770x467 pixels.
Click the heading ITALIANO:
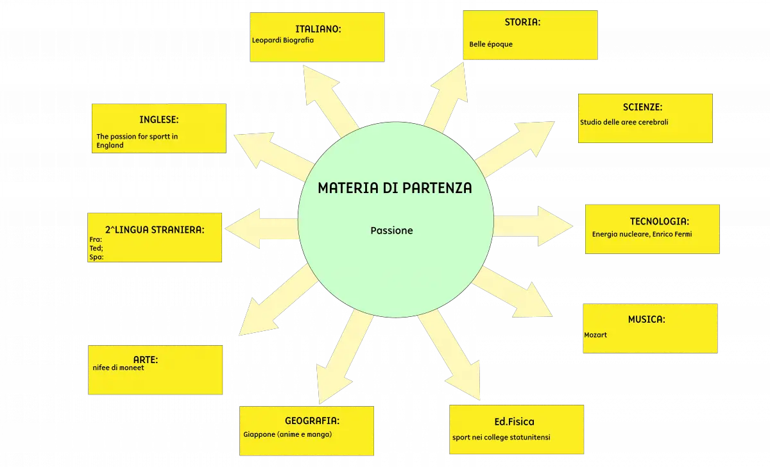[x=318, y=29]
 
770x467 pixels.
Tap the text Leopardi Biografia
[x=282, y=40]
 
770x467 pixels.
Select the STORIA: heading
[x=522, y=22]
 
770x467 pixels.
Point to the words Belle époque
[x=490, y=44]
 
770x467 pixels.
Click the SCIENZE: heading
[x=642, y=107]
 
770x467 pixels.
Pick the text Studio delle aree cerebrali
[x=624, y=122]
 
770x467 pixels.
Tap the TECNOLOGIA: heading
[x=660, y=221]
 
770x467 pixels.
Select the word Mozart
[x=595, y=335]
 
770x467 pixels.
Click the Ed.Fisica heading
[x=514, y=421]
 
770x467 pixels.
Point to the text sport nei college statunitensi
[x=501, y=437]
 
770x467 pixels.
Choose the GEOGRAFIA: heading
[x=312, y=421]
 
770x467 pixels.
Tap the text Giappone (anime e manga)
[x=287, y=434]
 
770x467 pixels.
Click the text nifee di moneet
[x=118, y=368]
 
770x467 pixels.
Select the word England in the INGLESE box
[x=110, y=146]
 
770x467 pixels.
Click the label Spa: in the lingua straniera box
[x=96, y=257]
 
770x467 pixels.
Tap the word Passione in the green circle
[x=391, y=230]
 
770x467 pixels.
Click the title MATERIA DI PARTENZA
[x=395, y=188]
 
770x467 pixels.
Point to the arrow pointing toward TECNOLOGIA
[x=533, y=226]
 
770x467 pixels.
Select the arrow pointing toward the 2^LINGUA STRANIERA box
[x=262, y=228]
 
